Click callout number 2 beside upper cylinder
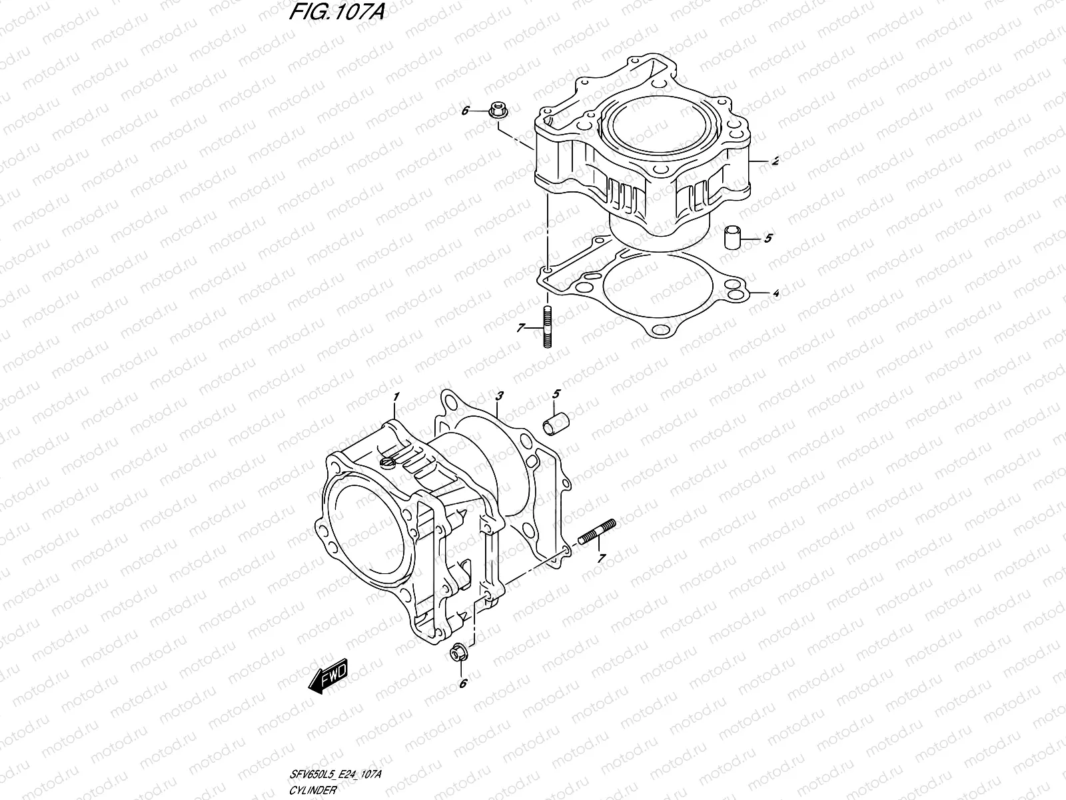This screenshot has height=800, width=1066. coord(775,161)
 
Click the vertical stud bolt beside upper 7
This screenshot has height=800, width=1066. coord(546,327)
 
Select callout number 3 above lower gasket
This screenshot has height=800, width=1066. coord(499,396)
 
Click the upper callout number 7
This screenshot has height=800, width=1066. coord(521,327)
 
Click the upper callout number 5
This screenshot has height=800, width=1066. coord(768,238)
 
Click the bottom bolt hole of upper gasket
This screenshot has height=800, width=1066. coord(661,329)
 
